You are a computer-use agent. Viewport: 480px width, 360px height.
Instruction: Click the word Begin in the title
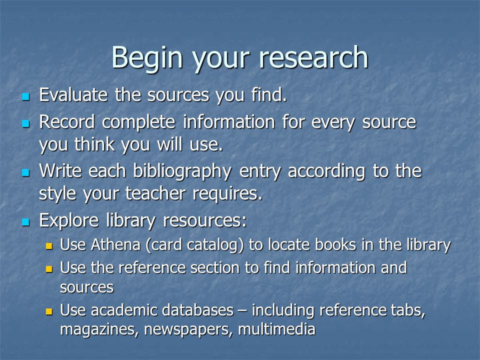coord(147,58)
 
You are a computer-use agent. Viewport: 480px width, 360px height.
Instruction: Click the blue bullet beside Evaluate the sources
coord(25,97)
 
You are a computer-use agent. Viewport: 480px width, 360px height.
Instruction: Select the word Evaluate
coord(73,94)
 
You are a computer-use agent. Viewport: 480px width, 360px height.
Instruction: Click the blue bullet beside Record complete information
coord(25,123)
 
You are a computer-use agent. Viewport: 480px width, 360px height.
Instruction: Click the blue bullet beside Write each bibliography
coord(25,172)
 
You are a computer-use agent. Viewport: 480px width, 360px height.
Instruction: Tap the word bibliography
coord(182,171)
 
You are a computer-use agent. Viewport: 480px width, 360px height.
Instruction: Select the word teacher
coord(155,193)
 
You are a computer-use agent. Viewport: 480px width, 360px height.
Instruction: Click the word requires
coord(227,194)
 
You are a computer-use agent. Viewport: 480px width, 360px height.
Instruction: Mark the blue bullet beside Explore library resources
coord(25,222)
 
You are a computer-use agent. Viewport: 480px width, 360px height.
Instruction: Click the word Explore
coord(69,220)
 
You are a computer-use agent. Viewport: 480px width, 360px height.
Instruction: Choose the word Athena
coord(115,245)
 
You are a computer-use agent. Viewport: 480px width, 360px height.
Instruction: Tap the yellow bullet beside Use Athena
coord(49,246)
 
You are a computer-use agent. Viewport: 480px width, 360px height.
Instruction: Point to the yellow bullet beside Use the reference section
coord(49,269)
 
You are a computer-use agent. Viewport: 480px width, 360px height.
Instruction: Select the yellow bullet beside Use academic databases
coord(49,311)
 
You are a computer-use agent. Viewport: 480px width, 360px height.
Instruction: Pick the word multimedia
coord(276,329)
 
